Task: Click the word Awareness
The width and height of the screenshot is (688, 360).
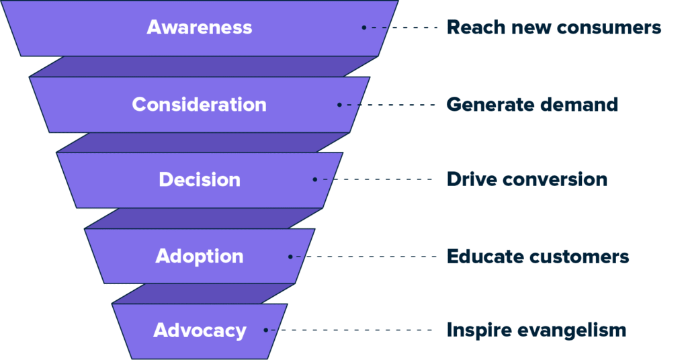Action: (x=200, y=28)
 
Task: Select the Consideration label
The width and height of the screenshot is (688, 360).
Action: (x=199, y=105)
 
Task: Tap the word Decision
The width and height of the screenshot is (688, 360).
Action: (x=200, y=180)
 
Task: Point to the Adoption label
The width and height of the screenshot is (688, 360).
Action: (x=200, y=257)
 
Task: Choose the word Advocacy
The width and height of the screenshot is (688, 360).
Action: (x=200, y=331)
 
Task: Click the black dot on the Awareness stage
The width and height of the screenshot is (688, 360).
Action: (x=364, y=28)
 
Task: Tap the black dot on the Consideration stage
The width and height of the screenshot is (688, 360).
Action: (x=339, y=105)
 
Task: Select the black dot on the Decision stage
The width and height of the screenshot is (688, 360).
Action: (x=314, y=180)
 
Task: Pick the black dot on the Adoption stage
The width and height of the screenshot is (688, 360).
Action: (x=290, y=257)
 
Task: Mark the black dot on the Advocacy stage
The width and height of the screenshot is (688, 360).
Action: (x=266, y=330)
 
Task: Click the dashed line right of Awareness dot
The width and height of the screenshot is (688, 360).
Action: (x=378, y=28)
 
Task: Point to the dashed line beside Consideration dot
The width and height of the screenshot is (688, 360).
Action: (x=353, y=105)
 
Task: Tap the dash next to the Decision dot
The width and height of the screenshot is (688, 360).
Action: (x=325, y=180)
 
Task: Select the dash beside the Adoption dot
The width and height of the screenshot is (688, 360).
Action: (x=298, y=257)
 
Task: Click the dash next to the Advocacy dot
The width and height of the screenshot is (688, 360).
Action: (x=273, y=330)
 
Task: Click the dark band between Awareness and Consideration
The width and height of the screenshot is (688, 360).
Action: (x=202, y=66)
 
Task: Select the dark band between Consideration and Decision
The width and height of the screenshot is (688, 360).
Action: (x=202, y=142)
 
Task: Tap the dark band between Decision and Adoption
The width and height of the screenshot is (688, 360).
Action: (x=202, y=218)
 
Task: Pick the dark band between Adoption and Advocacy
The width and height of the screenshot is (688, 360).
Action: (x=202, y=294)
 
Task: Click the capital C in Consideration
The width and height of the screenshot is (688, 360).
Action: (x=139, y=105)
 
